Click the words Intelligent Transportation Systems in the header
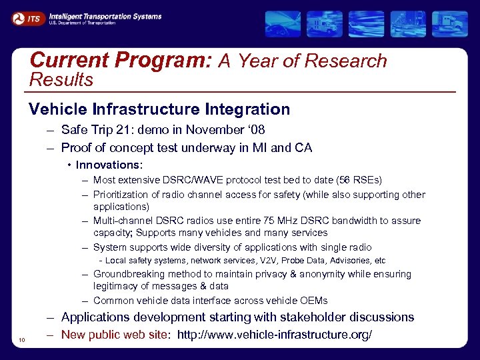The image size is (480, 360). coord(105,16)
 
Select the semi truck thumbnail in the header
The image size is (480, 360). coord(449,23)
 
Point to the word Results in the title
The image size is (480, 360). coord(62,81)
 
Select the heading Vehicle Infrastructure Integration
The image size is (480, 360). coord(159,109)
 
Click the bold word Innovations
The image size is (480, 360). coord(109,165)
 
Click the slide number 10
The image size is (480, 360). coord(22,341)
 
